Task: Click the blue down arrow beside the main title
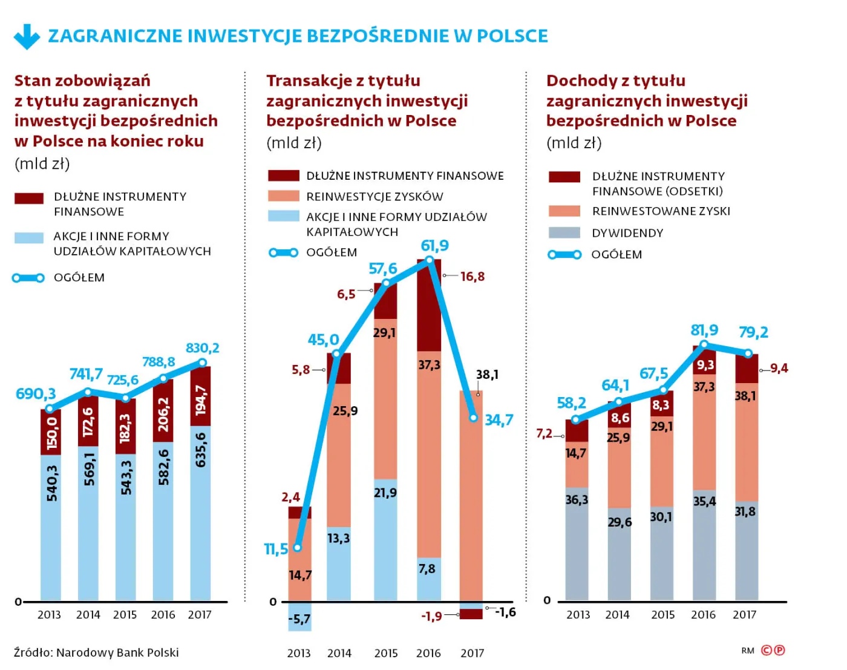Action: [x=27, y=36]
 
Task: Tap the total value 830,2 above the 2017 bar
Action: [x=202, y=348]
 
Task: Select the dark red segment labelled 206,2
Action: [x=163, y=410]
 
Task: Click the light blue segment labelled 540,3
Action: [x=51, y=528]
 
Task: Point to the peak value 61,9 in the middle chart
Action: [x=434, y=245]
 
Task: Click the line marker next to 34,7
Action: [x=474, y=418]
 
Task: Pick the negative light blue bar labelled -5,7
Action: [x=299, y=617]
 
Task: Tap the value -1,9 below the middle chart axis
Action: [x=431, y=616]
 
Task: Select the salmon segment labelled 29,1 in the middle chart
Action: [x=386, y=399]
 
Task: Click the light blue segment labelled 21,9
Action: [x=386, y=540]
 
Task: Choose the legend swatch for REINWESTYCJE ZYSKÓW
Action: [x=283, y=196]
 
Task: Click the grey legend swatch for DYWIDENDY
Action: [x=564, y=233]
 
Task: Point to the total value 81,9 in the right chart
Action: [x=704, y=330]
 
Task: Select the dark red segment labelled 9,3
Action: [x=704, y=360]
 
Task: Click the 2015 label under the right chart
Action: [x=663, y=615]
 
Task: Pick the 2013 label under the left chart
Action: [x=49, y=615]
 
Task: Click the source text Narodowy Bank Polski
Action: [x=117, y=652]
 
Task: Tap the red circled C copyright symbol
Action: [x=766, y=650]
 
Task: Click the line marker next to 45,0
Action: [x=336, y=353]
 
